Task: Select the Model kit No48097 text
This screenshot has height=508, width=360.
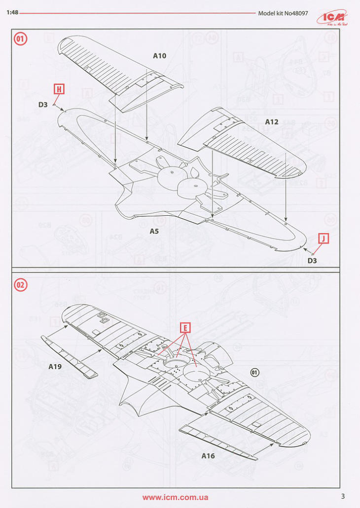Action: point(283,13)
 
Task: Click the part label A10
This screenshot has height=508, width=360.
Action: point(159,56)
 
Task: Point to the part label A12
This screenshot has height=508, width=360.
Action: point(272,121)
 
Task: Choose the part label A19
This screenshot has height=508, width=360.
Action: point(55,367)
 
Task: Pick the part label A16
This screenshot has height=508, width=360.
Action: point(208,456)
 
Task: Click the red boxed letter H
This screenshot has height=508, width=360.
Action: point(59,89)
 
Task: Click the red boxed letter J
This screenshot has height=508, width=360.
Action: point(323,238)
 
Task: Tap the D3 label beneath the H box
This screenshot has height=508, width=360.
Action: point(43,104)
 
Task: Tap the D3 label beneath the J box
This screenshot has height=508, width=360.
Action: point(312,261)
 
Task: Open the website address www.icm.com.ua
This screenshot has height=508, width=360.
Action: point(175,497)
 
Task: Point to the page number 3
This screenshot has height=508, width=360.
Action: point(342,496)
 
